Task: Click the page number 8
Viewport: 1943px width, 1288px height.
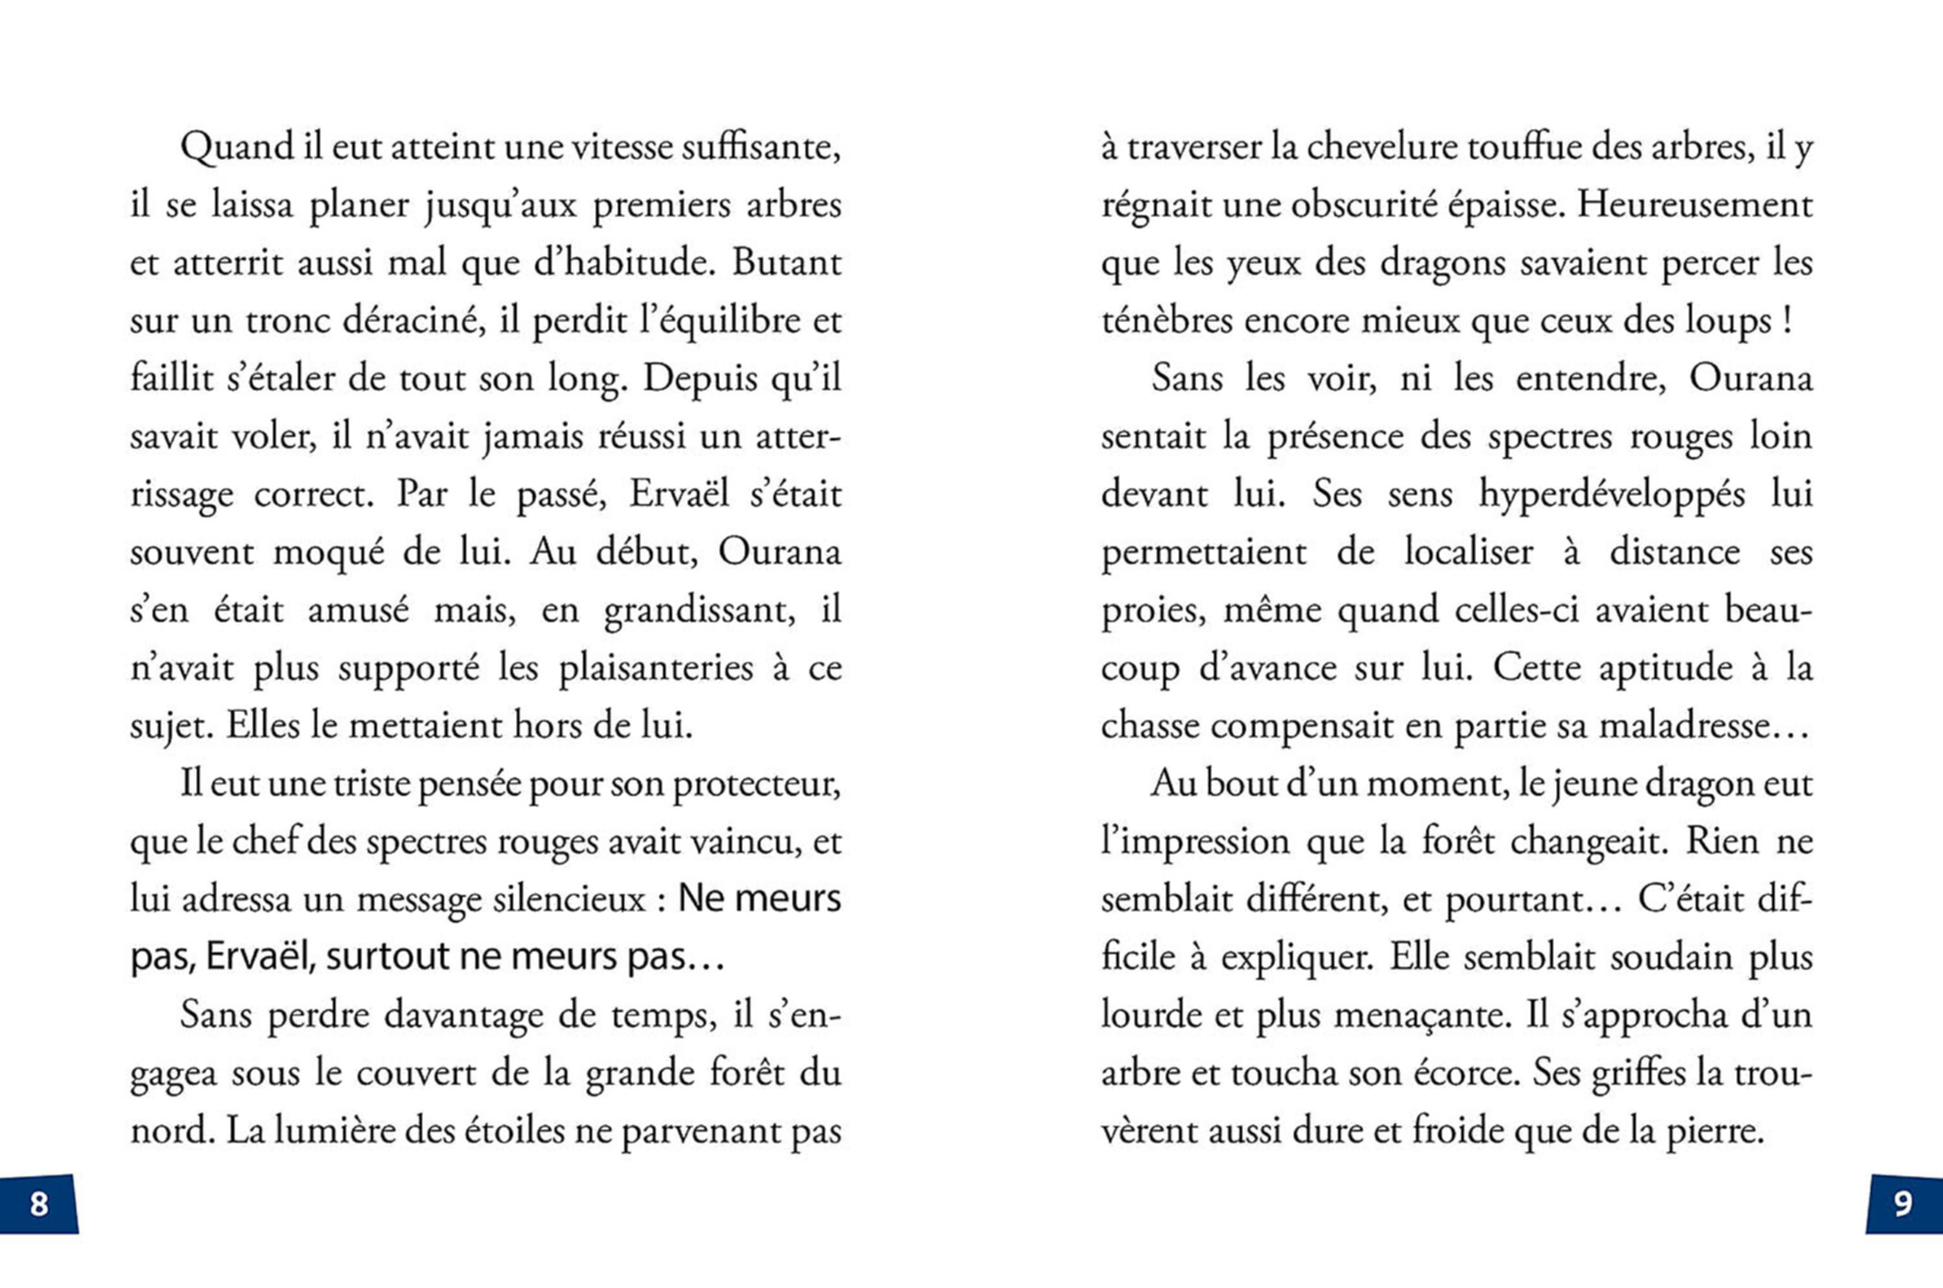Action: point(39,1203)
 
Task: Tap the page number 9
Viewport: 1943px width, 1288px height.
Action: point(1903,1203)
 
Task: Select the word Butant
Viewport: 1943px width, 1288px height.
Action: point(786,263)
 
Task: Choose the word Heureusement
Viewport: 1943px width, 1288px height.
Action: point(1695,205)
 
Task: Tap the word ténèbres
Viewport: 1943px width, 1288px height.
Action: point(1166,321)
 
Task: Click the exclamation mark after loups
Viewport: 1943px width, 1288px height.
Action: point(1786,321)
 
